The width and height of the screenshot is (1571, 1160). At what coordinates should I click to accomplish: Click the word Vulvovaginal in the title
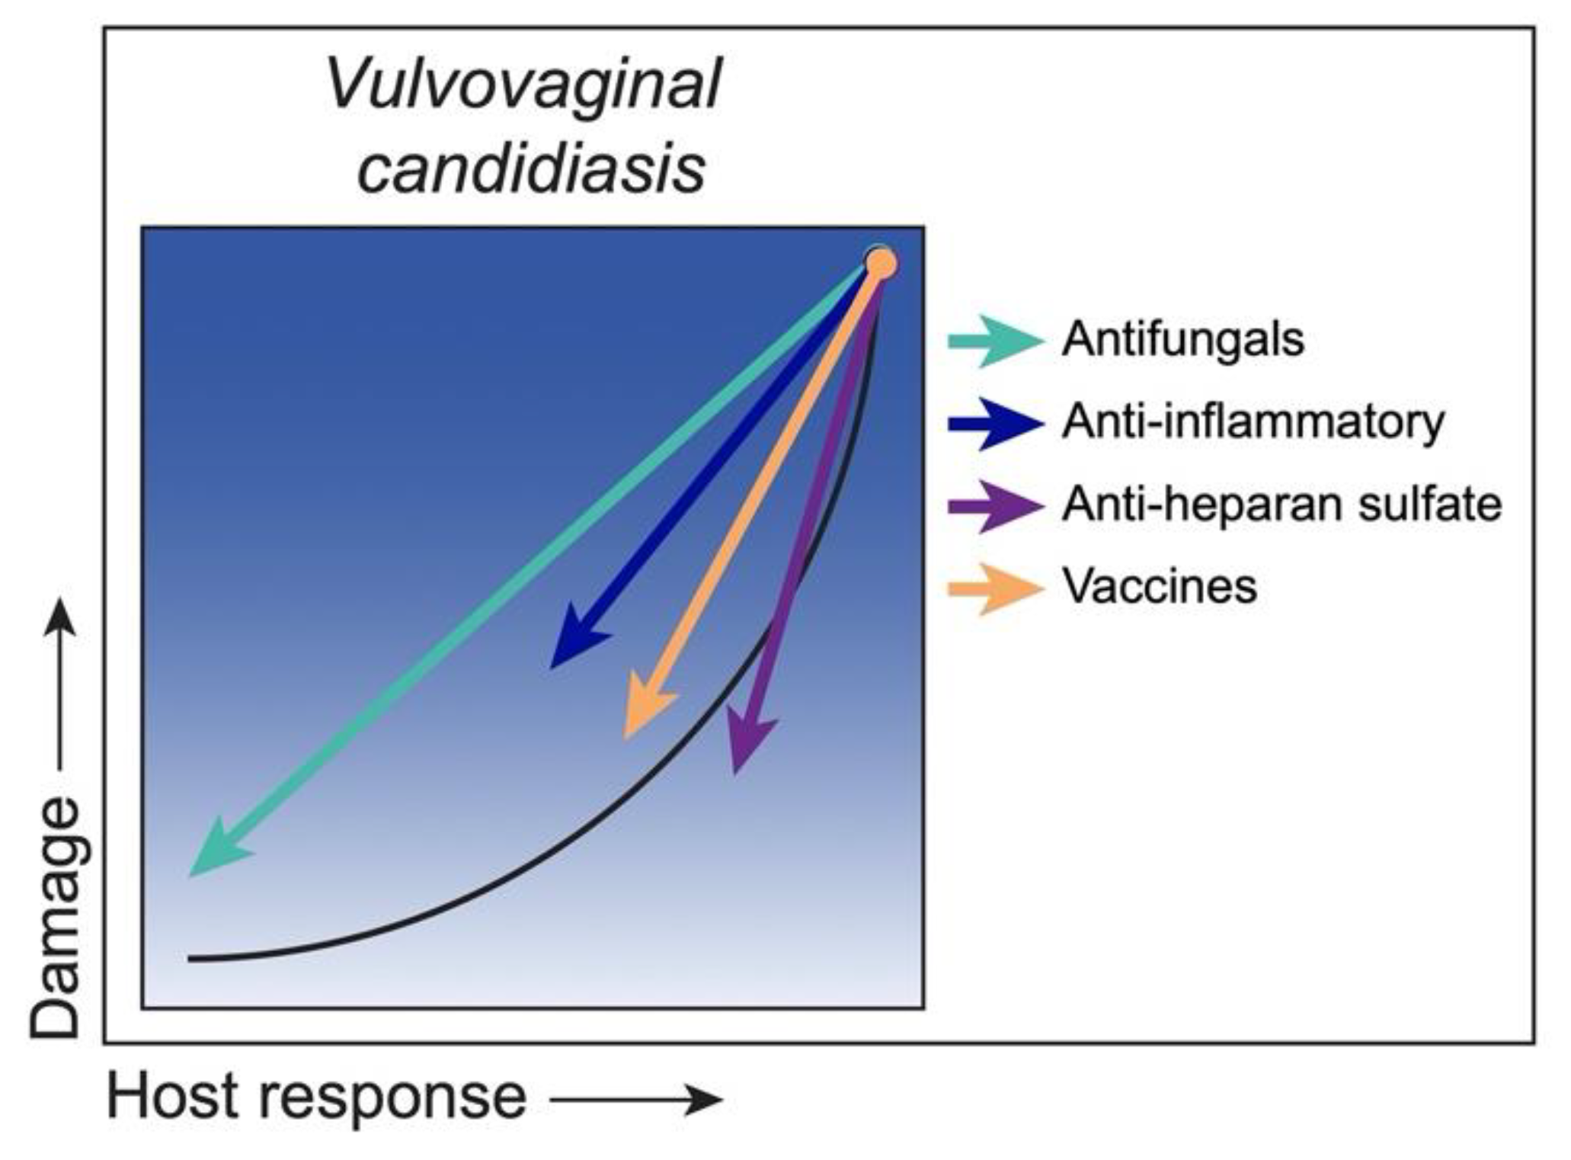pyautogui.click(x=523, y=85)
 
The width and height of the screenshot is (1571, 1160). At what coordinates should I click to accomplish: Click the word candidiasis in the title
pyautogui.click(x=531, y=168)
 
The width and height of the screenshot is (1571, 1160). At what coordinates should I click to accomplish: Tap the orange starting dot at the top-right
pyautogui.click(x=881, y=264)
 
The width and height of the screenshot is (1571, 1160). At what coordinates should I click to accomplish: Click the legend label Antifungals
pyautogui.click(x=1182, y=339)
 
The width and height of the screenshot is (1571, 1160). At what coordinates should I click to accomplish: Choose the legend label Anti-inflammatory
pyautogui.click(x=1253, y=421)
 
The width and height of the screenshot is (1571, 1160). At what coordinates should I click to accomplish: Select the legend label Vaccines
pyautogui.click(x=1160, y=587)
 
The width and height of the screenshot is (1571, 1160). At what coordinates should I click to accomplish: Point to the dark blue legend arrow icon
pyautogui.click(x=994, y=423)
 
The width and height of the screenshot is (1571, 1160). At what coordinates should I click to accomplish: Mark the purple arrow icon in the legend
pyautogui.click(x=994, y=505)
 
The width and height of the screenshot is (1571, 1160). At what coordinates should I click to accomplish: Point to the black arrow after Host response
pyautogui.click(x=636, y=1100)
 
